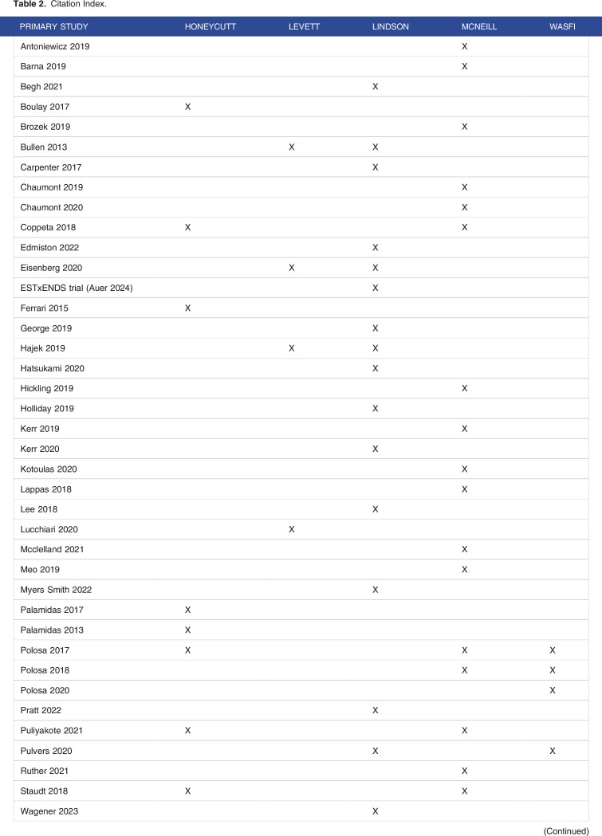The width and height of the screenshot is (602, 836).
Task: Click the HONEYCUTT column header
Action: click(211, 26)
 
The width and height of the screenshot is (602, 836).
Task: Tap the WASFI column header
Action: click(563, 26)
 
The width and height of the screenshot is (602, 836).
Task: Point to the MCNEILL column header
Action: click(479, 26)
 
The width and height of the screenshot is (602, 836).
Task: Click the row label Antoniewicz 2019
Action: click(55, 46)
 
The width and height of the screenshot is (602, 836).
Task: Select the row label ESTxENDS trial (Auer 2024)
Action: click(77, 288)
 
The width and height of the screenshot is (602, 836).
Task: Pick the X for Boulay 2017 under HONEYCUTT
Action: click(188, 107)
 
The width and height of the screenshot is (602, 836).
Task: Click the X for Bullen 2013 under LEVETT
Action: click(292, 147)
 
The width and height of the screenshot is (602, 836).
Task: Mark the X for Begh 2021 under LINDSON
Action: click(376, 87)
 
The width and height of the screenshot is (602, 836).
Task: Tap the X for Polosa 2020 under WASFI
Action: click(553, 689)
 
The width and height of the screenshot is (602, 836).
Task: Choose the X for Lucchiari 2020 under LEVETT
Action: click(292, 529)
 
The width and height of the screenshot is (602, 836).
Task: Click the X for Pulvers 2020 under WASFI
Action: click(553, 751)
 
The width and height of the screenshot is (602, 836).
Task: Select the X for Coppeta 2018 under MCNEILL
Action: click(465, 227)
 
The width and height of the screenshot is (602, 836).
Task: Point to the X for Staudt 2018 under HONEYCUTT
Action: click(188, 791)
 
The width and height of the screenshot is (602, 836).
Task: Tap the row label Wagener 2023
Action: click(49, 810)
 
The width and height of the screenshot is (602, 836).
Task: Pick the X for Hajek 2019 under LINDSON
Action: click(376, 348)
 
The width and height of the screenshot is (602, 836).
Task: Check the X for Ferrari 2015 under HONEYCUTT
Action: click(188, 308)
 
